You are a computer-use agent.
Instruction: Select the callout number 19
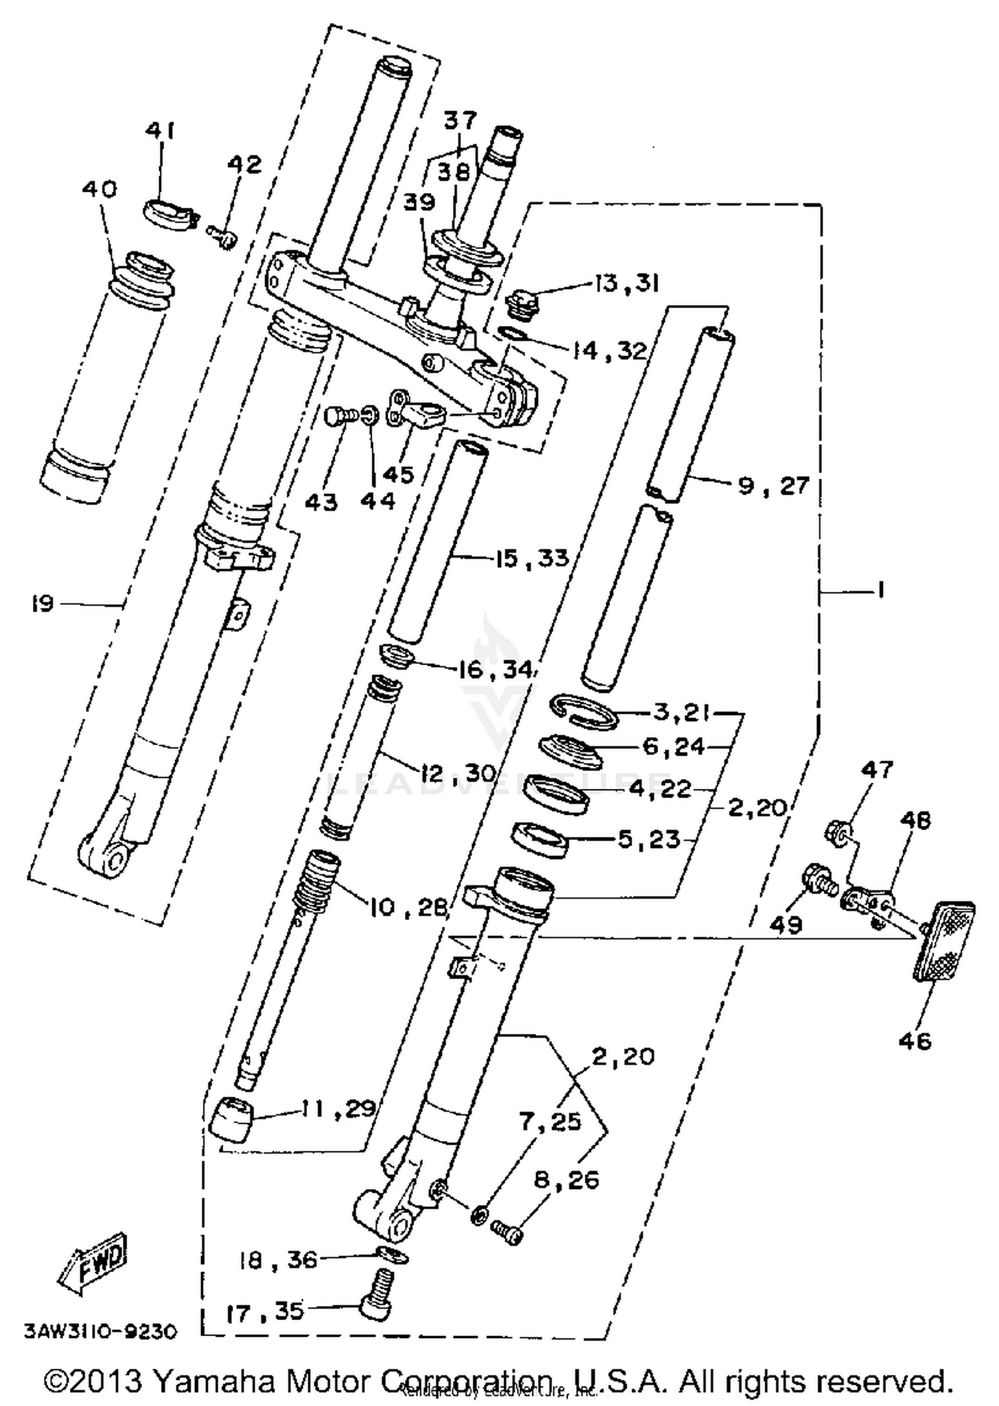click(42, 604)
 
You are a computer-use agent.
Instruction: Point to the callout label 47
click(876, 770)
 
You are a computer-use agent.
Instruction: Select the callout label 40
click(99, 189)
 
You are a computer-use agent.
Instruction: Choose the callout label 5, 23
click(649, 839)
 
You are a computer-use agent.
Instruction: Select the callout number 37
click(461, 120)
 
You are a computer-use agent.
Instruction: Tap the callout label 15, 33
click(532, 557)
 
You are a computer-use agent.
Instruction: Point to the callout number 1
click(880, 590)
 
